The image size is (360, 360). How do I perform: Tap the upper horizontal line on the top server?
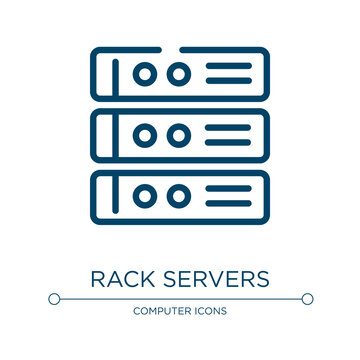[231, 67]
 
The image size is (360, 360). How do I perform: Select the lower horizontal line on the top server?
[231, 81]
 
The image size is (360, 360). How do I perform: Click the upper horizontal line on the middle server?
[231, 128]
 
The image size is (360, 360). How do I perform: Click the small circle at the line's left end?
[53, 298]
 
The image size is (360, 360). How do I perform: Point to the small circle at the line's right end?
[307, 298]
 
